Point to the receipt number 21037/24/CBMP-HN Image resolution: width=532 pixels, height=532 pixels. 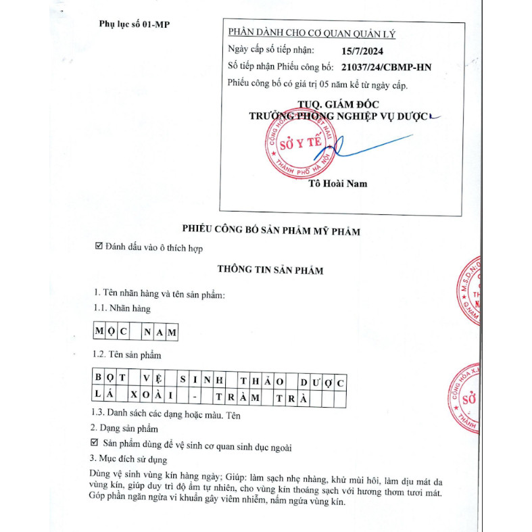[387, 67]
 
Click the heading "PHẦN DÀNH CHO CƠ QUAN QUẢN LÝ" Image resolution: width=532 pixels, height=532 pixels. [312, 33]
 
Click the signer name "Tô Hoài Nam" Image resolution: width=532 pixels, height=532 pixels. [337, 184]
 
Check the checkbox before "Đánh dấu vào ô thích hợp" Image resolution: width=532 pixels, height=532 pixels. [99, 248]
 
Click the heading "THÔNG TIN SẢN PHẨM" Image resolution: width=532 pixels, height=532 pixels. [270, 270]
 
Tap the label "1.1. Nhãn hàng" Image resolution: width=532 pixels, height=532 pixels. [122, 308]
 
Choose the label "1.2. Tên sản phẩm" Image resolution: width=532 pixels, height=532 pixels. [127, 354]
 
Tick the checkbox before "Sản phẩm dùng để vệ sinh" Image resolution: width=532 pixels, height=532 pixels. [95, 443]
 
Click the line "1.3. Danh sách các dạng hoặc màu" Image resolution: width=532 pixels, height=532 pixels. [165, 415]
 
